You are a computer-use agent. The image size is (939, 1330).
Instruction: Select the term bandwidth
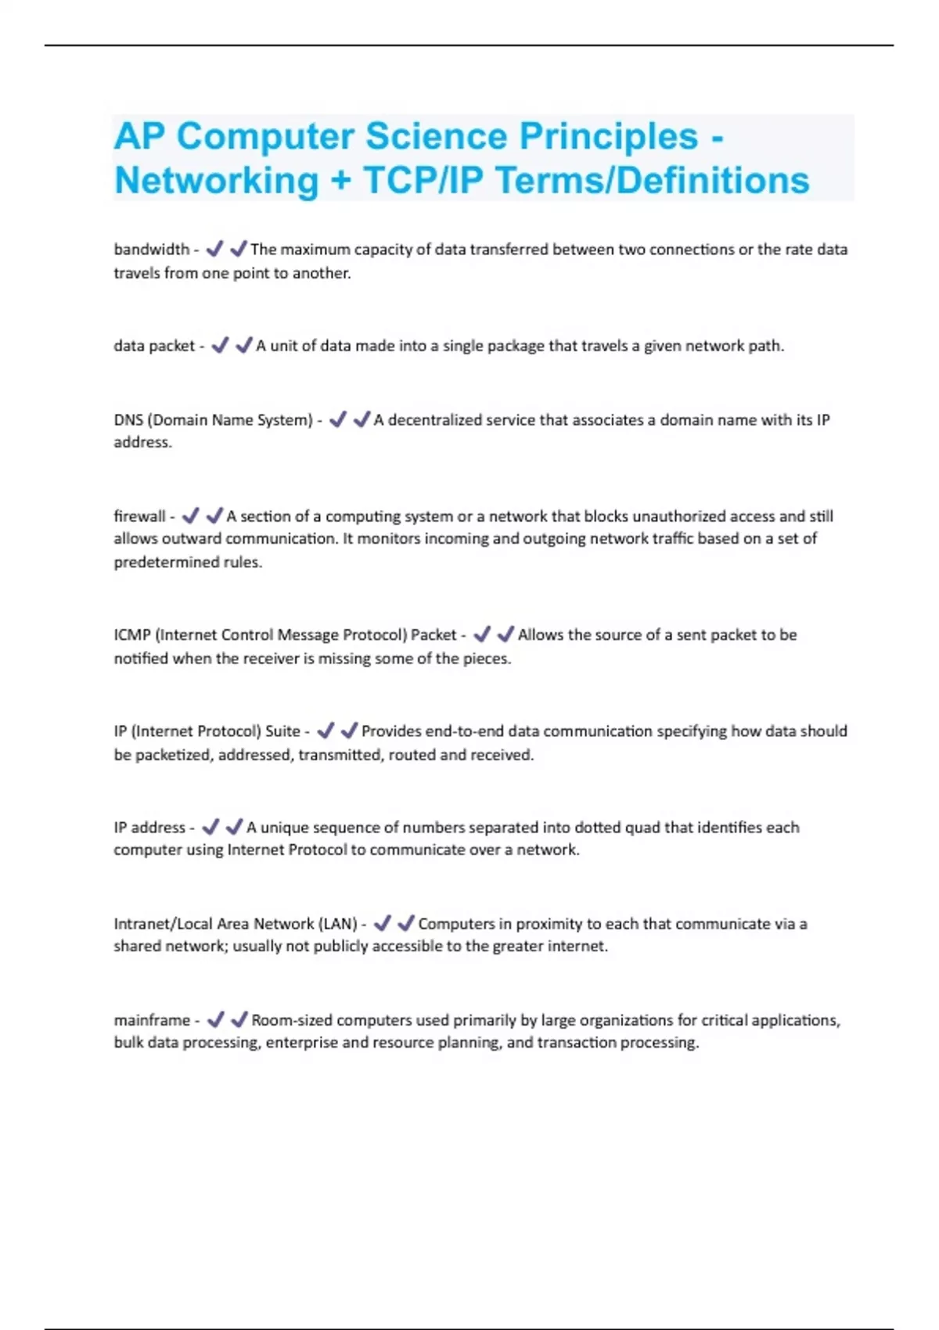(152, 250)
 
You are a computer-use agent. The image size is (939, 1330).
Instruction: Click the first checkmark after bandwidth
(214, 249)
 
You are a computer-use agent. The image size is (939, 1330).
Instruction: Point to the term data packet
(154, 346)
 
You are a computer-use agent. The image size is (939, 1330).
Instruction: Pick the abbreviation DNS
(128, 420)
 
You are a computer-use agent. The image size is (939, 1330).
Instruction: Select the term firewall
(140, 516)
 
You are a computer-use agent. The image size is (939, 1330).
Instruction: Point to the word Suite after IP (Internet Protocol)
(282, 731)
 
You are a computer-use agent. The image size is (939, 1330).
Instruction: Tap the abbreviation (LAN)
(338, 924)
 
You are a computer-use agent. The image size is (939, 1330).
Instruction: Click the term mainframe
(152, 1020)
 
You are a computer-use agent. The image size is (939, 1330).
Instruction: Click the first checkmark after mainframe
(216, 1019)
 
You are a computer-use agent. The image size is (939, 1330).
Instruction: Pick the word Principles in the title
(609, 137)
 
